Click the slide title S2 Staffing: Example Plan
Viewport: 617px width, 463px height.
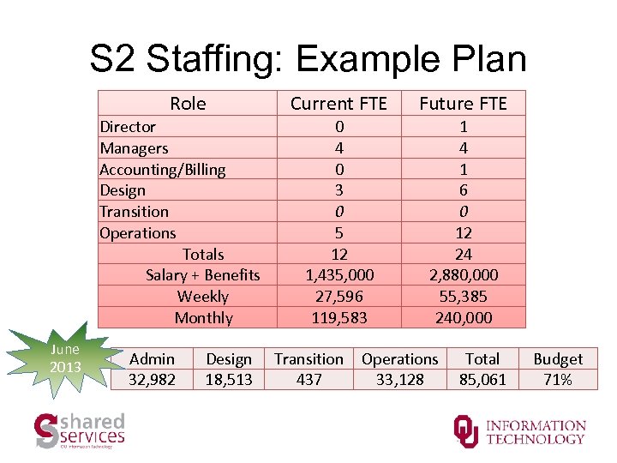308,60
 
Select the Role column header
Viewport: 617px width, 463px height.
188,104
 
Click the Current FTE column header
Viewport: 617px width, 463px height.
338,104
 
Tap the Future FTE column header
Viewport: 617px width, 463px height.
463,104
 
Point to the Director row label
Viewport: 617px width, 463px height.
128,127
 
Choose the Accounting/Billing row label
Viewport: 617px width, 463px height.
163,169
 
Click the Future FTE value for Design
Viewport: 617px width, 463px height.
463,190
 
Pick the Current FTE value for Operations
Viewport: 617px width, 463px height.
338,232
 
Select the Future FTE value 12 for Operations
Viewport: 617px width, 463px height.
463,232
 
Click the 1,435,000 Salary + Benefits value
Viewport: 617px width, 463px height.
338,274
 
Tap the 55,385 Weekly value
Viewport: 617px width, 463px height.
463,296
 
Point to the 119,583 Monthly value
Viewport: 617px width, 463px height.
338,317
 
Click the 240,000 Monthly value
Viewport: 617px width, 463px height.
463,317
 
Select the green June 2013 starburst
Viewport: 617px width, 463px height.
65,358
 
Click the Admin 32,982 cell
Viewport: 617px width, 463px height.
152,369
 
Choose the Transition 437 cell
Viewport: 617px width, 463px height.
308,369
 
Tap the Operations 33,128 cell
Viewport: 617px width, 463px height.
399,369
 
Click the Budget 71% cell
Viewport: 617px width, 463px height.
558,369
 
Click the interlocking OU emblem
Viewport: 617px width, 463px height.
466,430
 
